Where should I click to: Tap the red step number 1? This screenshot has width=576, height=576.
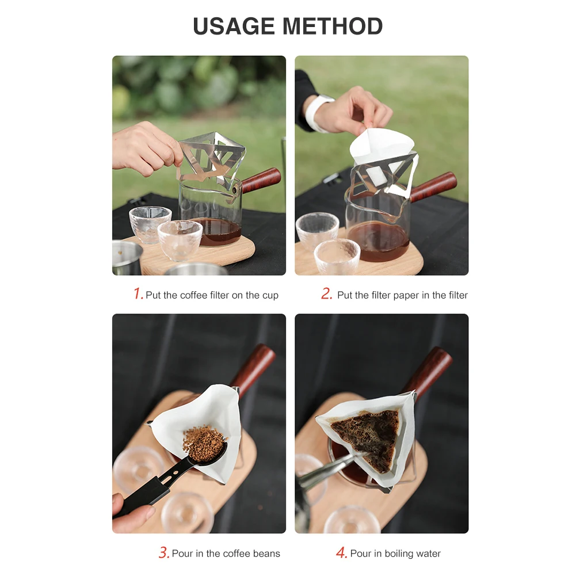pos(138,294)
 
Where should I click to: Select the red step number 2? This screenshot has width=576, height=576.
pos(326,294)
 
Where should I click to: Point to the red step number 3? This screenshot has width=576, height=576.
pos(163,553)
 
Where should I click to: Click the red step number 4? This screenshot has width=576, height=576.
pos(341,553)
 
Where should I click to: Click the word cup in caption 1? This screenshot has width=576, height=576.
pos(270,295)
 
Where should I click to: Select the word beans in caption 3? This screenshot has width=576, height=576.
pos(266,554)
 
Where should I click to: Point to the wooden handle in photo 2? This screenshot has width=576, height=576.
pos(434,186)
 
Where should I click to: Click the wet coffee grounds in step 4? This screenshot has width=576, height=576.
pos(365,434)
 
